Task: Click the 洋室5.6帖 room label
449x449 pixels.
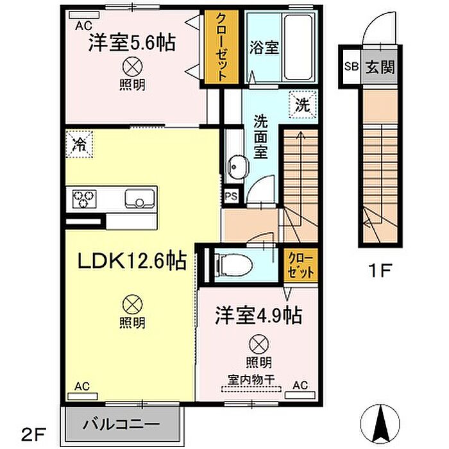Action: click(x=132, y=43)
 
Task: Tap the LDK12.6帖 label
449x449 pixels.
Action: click(x=132, y=260)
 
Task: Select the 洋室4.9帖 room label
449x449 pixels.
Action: click(x=258, y=316)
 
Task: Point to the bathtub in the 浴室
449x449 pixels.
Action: click(x=298, y=47)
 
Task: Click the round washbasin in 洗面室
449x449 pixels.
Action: click(x=237, y=167)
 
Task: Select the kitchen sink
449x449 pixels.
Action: click(x=139, y=198)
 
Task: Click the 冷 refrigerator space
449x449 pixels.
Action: click(x=79, y=144)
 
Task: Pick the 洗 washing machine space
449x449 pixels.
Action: click(x=303, y=105)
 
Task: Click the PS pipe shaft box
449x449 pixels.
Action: click(x=231, y=196)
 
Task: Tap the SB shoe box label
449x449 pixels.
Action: click(x=352, y=67)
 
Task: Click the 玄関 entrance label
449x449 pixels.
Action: click(x=380, y=67)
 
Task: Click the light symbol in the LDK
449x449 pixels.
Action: click(x=132, y=305)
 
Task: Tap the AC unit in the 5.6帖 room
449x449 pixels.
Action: click(x=85, y=15)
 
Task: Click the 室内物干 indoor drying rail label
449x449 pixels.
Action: click(x=251, y=380)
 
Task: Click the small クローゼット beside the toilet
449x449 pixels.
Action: click(x=301, y=265)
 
